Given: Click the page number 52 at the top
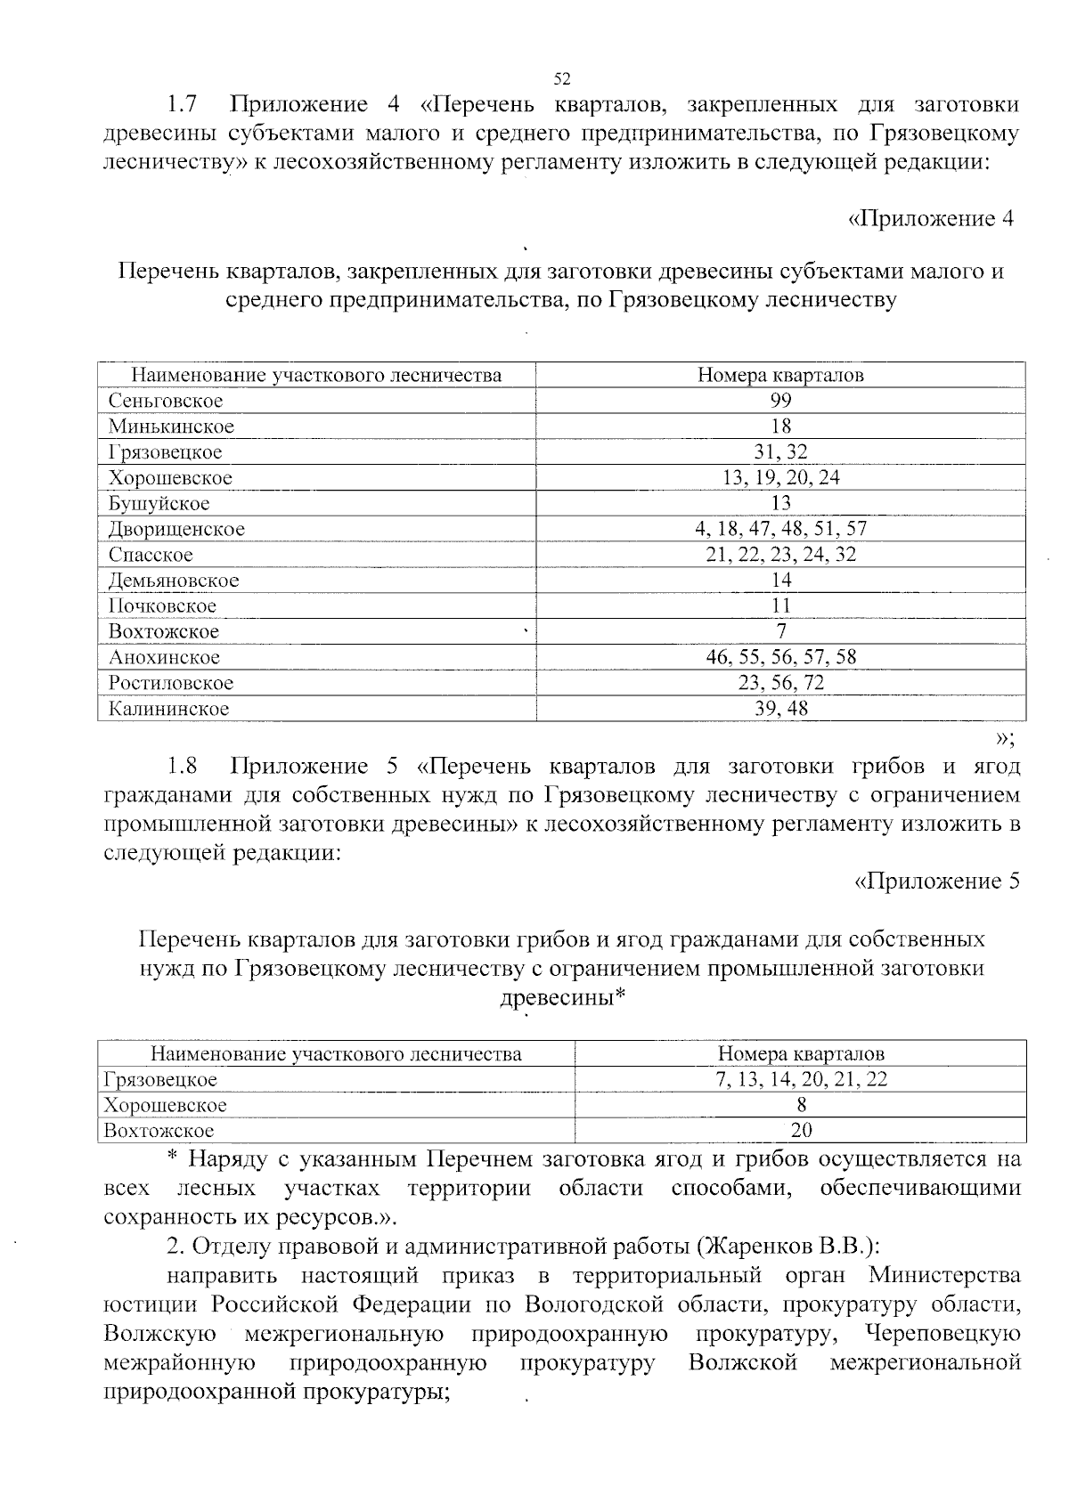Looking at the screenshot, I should click(x=561, y=78).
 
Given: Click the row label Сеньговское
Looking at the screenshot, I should click(x=166, y=401).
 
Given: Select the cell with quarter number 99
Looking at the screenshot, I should click(x=780, y=401).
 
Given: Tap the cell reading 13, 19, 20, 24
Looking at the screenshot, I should click(x=780, y=478).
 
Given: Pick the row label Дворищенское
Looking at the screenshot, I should click(x=176, y=530).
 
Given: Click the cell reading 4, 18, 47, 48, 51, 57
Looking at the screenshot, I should click(x=780, y=530).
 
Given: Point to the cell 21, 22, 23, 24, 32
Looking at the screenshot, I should click(x=780, y=555).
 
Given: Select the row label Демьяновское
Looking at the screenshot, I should click(x=174, y=581).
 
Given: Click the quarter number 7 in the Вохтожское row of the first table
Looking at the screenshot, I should click(x=780, y=632).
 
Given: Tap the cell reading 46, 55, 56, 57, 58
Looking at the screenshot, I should click(x=780, y=658).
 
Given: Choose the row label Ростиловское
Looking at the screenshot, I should click(x=171, y=684).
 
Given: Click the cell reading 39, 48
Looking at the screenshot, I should click(x=780, y=709).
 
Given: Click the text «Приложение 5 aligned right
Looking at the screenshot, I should click(x=936, y=881).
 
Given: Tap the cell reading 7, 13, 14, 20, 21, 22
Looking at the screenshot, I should click(x=801, y=1080).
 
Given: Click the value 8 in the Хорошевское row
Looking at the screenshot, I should click(x=801, y=1106).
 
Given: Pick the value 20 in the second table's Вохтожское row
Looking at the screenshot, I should click(x=801, y=1132).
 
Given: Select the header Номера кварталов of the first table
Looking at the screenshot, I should click(x=780, y=376).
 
